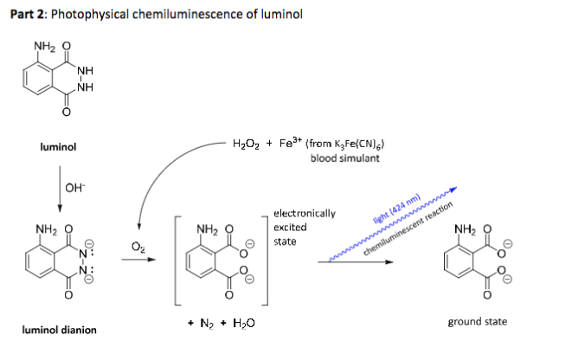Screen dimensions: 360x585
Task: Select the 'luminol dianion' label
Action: (x=58, y=330)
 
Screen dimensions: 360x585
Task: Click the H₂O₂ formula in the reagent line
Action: (x=247, y=144)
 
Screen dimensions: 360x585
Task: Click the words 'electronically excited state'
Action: (x=297, y=227)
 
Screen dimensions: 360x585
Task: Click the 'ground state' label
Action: (x=477, y=322)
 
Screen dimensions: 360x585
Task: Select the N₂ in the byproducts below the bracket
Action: (x=207, y=323)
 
